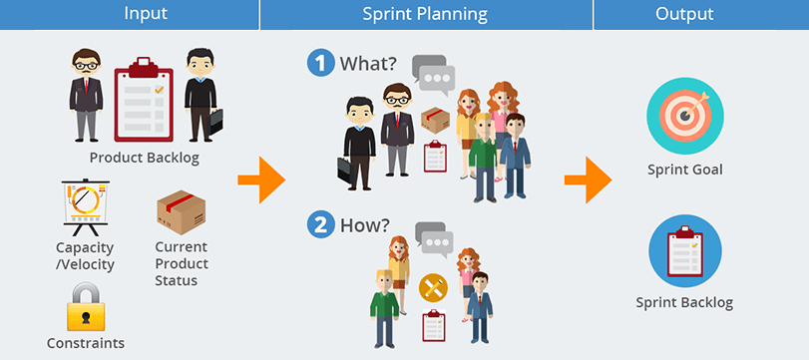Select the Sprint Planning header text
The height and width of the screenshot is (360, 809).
click(425, 14)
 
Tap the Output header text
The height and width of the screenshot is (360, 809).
click(683, 14)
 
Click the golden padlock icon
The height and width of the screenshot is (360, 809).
click(86, 307)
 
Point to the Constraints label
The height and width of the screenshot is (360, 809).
click(86, 343)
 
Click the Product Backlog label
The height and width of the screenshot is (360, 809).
click(145, 158)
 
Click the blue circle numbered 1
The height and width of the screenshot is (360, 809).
click(320, 64)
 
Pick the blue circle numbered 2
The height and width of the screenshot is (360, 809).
click(320, 225)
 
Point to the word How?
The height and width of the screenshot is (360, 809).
click(366, 225)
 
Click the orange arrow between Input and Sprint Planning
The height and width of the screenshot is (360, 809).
click(261, 180)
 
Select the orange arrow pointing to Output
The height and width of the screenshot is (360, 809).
click(588, 180)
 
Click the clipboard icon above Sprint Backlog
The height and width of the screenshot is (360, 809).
click(683, 249)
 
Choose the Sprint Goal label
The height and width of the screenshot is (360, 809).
click(683, 170)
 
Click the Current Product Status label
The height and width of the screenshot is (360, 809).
click(182, 263)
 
